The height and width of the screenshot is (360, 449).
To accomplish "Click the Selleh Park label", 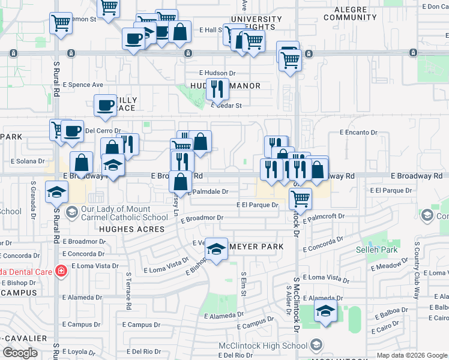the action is click(385, 249).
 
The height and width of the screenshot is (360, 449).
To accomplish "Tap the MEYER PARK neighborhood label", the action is click(256, 247).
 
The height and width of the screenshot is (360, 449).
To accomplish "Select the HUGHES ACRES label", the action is click(131, 229).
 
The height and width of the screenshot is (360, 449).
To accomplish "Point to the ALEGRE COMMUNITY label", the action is click(350, 13).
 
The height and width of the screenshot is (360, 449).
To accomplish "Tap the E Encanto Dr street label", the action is click(358, 132).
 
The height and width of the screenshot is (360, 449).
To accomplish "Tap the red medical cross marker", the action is click(60, 271).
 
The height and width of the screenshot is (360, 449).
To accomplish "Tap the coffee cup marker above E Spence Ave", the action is click(133, 39).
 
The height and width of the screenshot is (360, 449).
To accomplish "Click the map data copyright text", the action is click(413, 355).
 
